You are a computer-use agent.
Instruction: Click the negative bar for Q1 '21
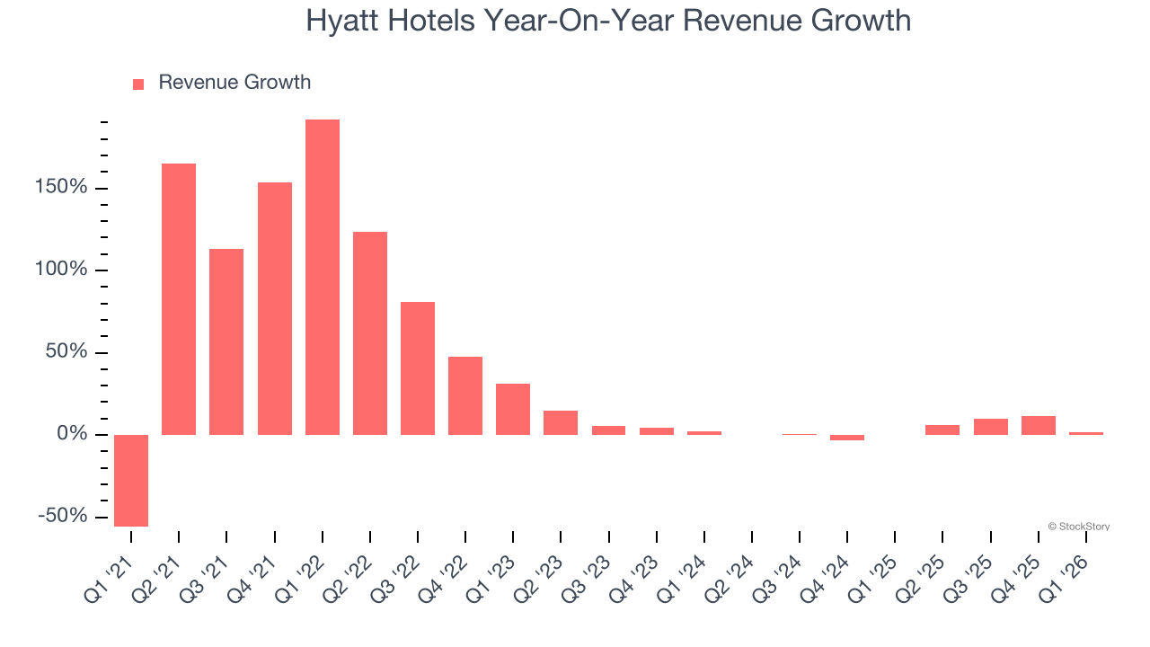[x=131, y=480]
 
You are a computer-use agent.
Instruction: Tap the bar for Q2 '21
[x=179, y=298]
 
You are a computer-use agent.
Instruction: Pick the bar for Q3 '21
[x=226, y=341]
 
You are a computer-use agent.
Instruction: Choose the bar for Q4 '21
[x=275, y=308]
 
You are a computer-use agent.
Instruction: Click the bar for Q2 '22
[x=370, y=332]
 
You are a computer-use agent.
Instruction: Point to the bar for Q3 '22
[x=418, y=368]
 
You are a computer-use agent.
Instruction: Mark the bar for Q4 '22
[x=465, y=395]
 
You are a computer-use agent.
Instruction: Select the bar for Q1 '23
[x=513, y=409]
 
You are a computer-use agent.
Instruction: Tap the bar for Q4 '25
[x=1039, y=425]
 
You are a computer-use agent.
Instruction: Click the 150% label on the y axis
[x=62, y=188]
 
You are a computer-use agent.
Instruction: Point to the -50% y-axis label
[x=63, y=516]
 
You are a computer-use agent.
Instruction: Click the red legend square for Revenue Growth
[x=138, y=84]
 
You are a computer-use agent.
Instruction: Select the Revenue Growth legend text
[x=234, y=83]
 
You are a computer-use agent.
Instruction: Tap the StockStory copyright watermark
[x=1078, y=527]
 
